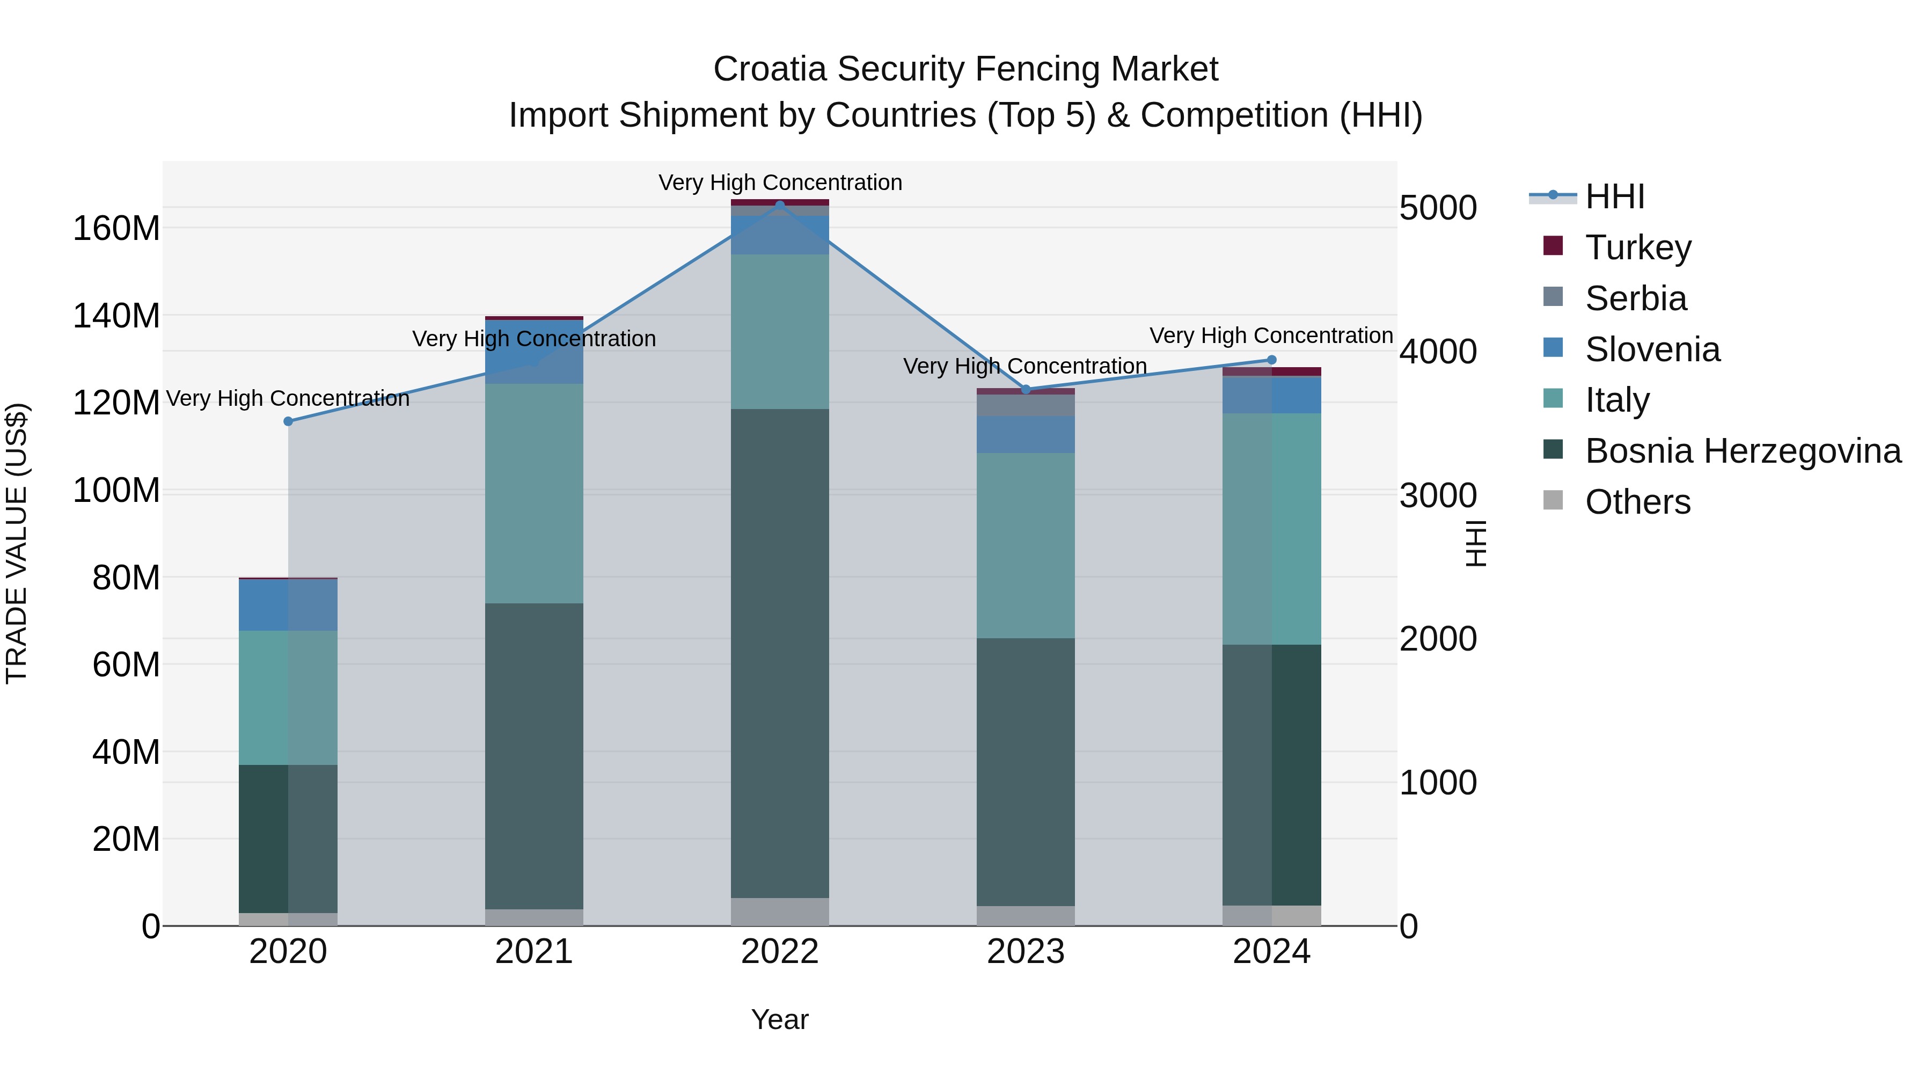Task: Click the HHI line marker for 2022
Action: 779,205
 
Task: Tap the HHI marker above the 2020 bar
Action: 288,421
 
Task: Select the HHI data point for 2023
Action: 1026,389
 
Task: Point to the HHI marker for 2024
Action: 1271,360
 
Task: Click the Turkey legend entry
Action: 1638,247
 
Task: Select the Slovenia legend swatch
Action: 1553,348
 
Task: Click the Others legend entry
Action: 1637,502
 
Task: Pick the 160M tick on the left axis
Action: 116,228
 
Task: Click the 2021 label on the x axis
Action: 534,952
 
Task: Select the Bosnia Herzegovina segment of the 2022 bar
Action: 779,653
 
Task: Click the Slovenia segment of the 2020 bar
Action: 288,604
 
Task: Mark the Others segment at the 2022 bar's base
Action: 779,911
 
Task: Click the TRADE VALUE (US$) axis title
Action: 17,543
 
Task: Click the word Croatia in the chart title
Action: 770,70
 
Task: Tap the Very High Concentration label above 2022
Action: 780,183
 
